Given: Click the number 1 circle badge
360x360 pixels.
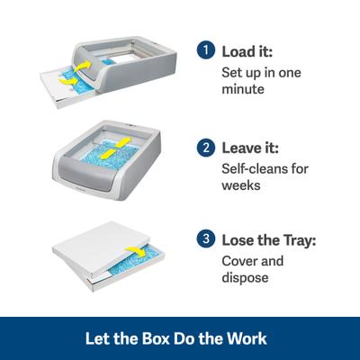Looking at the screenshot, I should [207, 51].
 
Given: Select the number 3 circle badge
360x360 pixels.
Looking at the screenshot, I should [207, 240].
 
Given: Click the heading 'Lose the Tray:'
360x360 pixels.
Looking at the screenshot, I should [267, 240].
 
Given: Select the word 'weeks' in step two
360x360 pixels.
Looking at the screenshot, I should [241, 186].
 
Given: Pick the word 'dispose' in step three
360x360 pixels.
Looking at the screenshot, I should [245, 278].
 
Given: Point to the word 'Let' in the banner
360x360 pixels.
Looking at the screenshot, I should [96, 339].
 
